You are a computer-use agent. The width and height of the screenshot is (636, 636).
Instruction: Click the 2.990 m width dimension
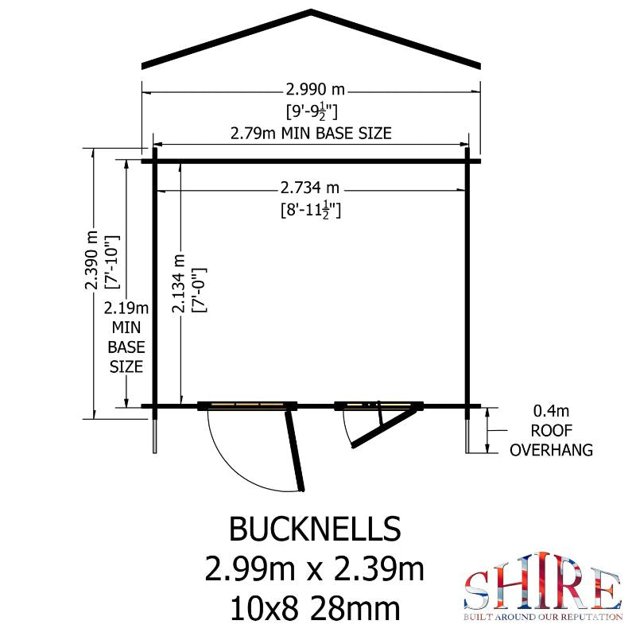click(315, 89)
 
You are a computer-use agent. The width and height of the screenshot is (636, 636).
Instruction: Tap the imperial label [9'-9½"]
click(312, 112)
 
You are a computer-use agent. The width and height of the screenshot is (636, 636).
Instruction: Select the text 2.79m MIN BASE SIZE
click(311, 133)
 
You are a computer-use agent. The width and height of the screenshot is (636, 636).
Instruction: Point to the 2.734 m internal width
click(310, 188)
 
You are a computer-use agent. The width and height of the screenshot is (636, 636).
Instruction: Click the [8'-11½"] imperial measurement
click(311, 211)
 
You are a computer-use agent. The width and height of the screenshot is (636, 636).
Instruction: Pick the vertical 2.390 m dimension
click(91, 260)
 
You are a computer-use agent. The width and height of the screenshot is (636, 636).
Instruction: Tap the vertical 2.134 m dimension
click(178, 284)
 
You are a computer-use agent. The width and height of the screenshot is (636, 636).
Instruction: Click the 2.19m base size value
click(126, 308)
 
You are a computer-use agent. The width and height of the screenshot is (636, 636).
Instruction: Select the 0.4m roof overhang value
click(551, 411)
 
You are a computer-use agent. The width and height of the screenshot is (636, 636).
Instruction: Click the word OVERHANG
click(551, 450)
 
